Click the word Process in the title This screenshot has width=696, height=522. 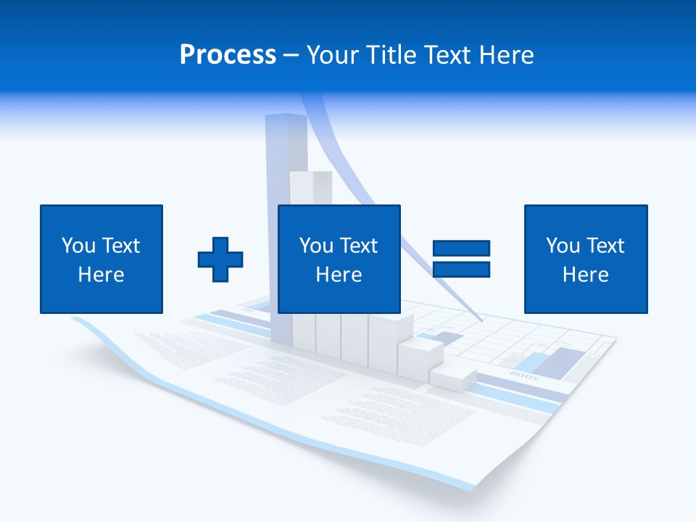click(x=228, y=55)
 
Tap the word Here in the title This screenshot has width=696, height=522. click(x=506, y=55)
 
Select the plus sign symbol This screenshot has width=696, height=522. click(x=220, y=259)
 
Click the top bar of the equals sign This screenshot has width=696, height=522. click(x=461, y=249)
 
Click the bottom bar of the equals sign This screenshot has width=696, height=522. click(x=461, y=270)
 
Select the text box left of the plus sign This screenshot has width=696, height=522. click(x=101, y=259)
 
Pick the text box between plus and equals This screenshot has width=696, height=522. click(x=339, y=259)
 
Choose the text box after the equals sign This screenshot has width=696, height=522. click(x=586, y=259)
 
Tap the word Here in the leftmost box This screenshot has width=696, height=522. click(x=101, y=275)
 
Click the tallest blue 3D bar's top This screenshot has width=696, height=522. click(x=286, y=118)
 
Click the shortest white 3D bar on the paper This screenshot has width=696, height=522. click(x=452, y=376)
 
